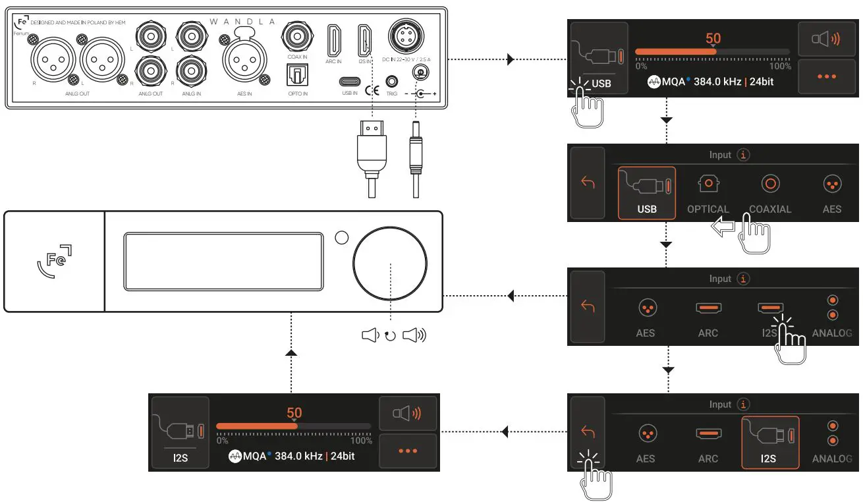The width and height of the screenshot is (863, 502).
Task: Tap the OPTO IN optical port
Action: pos(292,77)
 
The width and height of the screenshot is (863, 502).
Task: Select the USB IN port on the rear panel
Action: pos(349,82)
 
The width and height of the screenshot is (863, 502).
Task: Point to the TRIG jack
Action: pos(392,82)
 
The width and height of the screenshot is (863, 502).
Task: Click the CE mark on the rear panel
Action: pos(372,82)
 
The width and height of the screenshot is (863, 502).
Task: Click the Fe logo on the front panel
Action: pos(53,261)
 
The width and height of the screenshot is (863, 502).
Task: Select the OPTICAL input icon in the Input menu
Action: pos(708,184)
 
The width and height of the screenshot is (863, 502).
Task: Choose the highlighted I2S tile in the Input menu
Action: pos(769,442)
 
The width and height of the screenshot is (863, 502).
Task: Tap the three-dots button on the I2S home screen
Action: pos(408,451)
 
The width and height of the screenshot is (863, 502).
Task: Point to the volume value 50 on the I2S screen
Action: pos(294,414)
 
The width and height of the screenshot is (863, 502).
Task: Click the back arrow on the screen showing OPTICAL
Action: pos(588,182)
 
